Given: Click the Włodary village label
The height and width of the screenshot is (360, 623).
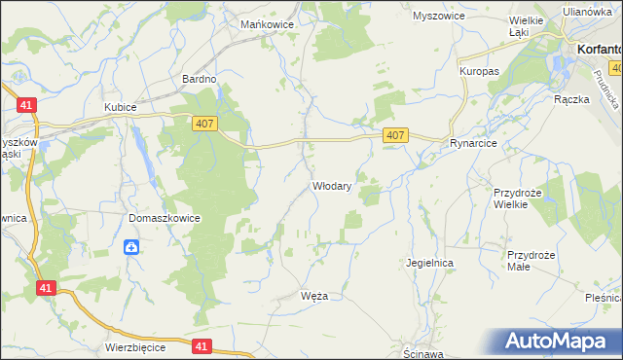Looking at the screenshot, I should coord(331,185).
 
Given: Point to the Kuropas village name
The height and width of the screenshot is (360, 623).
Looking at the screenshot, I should coord(479,72).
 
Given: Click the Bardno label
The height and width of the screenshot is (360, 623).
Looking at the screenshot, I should coord(199,78).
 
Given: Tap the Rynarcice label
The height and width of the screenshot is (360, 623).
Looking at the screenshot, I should coord(474,143).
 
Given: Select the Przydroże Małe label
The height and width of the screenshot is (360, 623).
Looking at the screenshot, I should coord(531,262).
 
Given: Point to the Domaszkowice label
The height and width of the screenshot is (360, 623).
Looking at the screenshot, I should coord(164,218).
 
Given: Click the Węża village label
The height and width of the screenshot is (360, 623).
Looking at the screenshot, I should coord(316,296).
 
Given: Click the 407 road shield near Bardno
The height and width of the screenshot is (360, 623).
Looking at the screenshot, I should coord(202,119).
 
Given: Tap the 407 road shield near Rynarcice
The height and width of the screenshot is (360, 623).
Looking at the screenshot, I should coord(394,135).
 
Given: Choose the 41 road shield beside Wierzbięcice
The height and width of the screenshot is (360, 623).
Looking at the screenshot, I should coord(202,345).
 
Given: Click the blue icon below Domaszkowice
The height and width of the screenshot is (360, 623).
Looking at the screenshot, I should coord(131,247).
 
